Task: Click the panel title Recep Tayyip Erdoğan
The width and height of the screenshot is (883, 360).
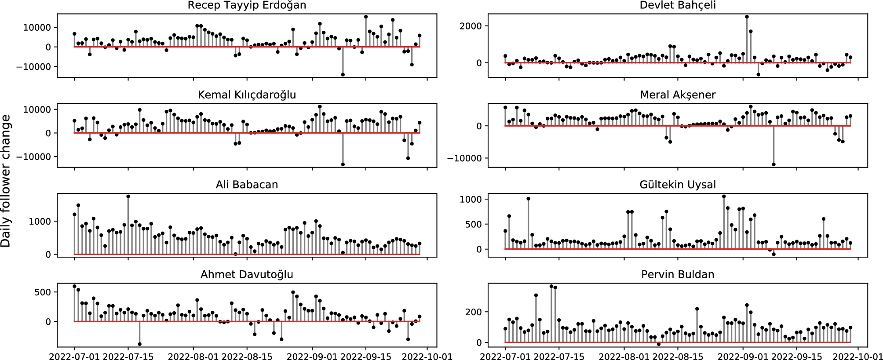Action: (x=247, y=5)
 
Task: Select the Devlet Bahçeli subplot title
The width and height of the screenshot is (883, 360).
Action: (x=678, y=5)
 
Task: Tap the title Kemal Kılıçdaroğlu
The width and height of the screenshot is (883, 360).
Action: (x=247, y=95)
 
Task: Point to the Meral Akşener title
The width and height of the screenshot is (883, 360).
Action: (x=678, y=95)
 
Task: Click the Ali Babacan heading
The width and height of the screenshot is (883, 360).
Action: (x=247, y=185)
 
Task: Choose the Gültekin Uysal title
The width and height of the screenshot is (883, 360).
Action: (x=678, y=185)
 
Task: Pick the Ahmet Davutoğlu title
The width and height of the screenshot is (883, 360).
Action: (x=247, y=275)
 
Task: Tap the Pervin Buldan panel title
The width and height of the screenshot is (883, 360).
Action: (x=678, y=275)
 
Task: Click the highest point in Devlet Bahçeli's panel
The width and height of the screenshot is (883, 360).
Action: (x=747, y=17)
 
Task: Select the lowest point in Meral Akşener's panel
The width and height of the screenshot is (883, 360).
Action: (x=774, y=164)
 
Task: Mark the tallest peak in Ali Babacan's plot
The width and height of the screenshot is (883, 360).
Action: (x=128, y=196)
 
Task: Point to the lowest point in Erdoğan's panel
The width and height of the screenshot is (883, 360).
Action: (x=343, y=75)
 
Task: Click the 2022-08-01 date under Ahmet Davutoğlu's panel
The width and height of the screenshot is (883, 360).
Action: (x=193, y=355)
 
